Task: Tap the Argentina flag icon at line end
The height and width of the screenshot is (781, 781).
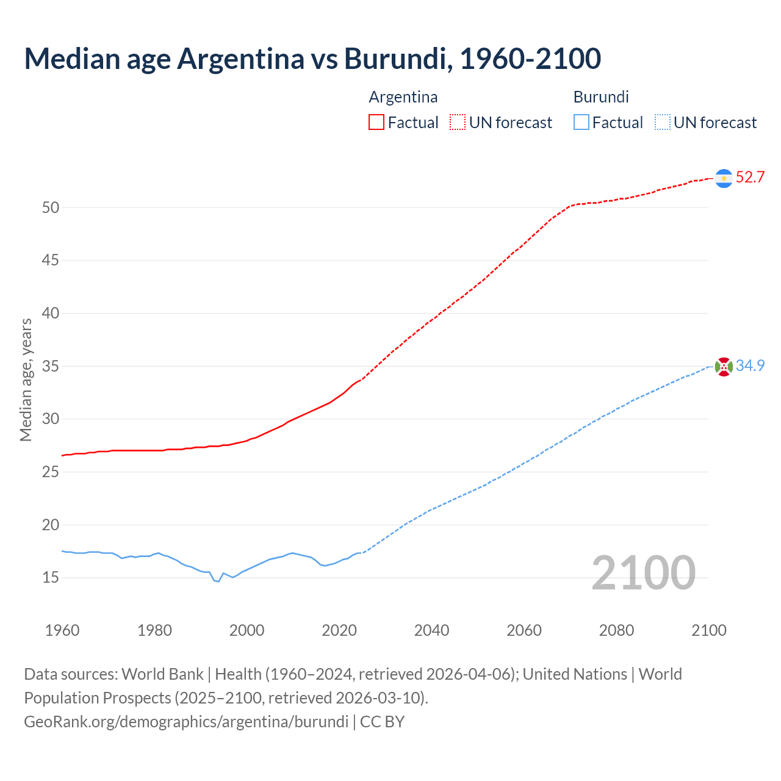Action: [x=724, y=178]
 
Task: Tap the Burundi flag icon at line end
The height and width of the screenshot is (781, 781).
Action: [x=724, y=367]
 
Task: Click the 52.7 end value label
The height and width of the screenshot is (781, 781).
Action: [x=750, y=178]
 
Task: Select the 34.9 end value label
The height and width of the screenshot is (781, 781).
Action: [x=750, y=365]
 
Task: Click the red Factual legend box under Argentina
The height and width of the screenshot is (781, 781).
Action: [x=376, y=123]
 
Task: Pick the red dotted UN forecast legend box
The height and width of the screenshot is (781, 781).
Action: [x=458, y=123]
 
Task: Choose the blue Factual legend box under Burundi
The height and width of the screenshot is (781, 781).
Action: [x=581, y=123]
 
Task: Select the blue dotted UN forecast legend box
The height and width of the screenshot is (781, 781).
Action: [x=663, y=123]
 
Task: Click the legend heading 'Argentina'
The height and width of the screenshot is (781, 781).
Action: [x=403, y=97]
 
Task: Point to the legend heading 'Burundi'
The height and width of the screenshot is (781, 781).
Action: [x=601, y=97]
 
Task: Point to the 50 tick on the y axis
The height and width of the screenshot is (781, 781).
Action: [x=51, y=207]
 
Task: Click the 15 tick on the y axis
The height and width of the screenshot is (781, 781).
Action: [x=51, y=577]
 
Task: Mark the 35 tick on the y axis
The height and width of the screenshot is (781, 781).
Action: [x=51, y=366]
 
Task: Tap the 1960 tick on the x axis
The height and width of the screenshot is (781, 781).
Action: [x=62, y=630]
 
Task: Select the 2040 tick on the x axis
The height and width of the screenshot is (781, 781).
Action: [x=431, y=630]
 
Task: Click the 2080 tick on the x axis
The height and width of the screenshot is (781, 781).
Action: [x=616, y=630]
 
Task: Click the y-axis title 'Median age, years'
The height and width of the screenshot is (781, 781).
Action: [x=26, y=380]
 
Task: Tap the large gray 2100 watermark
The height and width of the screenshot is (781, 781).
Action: [x=643, y=572]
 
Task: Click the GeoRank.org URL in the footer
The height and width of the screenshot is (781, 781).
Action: [x=186, y=722]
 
